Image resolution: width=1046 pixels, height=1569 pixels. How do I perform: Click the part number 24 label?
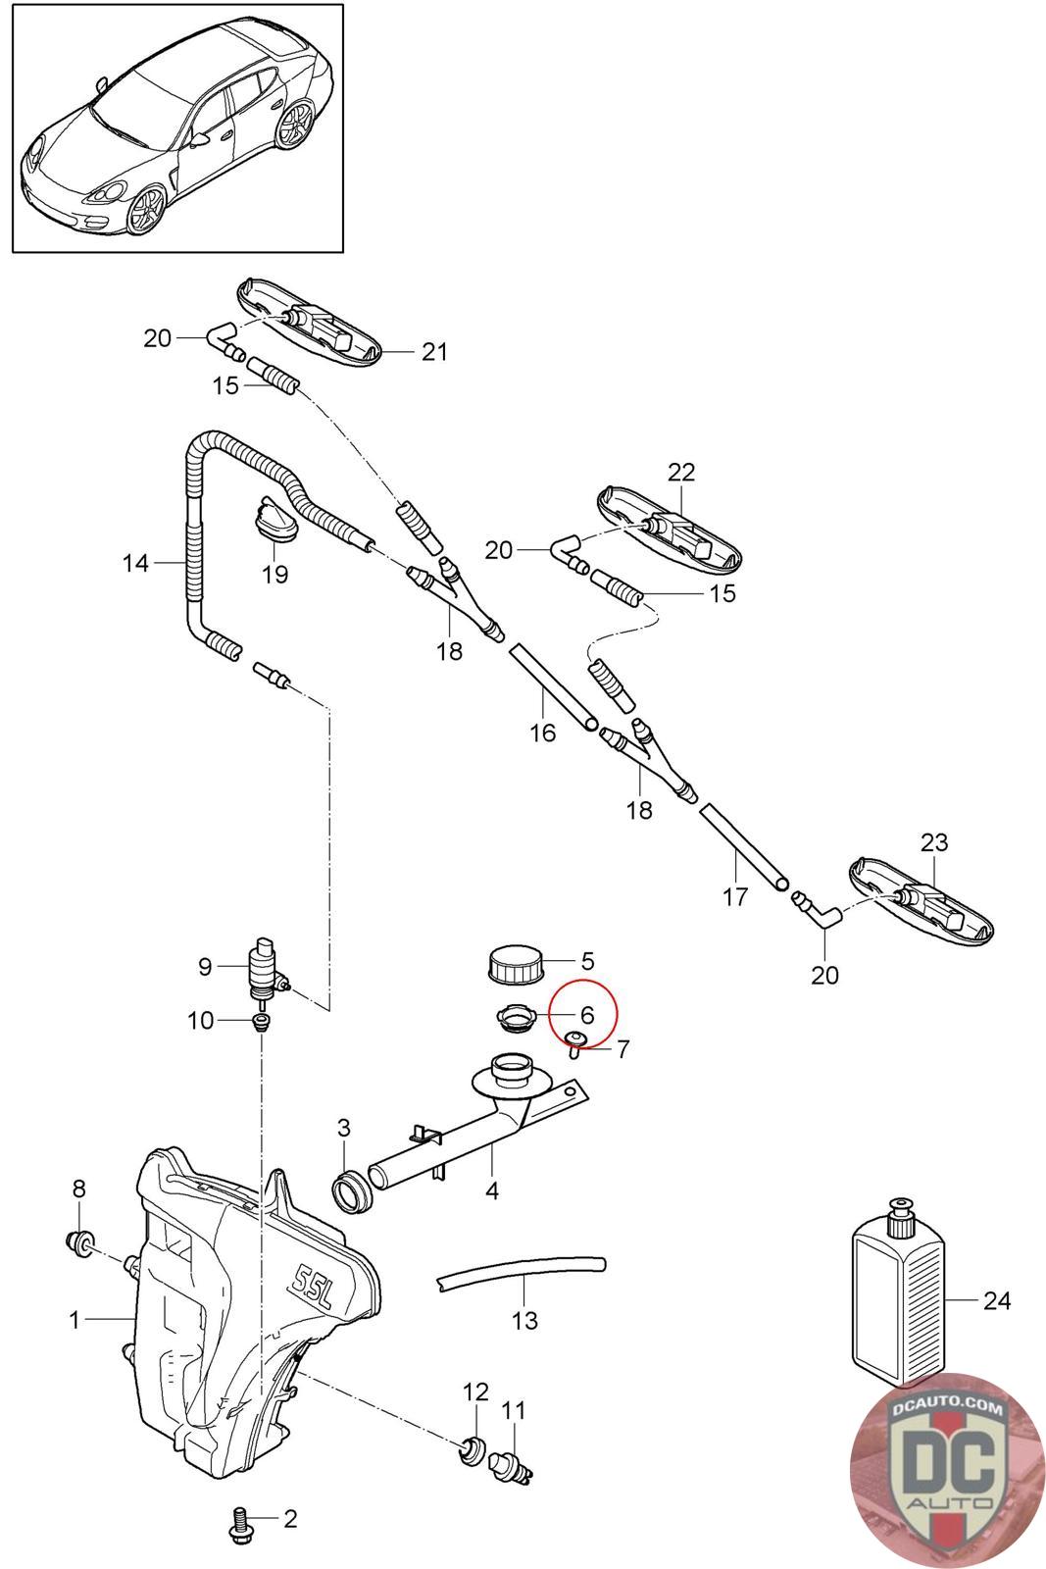pos(996,1301)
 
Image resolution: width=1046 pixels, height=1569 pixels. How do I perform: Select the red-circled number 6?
pos(587,1015)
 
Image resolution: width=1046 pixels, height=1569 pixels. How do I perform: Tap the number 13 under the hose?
pos(525,1320)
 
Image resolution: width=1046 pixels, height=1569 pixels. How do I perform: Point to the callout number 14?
pos(135,563)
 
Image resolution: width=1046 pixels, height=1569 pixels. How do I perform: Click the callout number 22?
pos(681,472)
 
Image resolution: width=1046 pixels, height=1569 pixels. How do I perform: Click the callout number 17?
pos(734,895)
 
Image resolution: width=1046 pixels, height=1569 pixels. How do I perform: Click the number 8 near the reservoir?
pos(79,1189)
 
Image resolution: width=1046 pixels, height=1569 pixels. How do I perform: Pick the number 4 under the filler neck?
pos(492,1190)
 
